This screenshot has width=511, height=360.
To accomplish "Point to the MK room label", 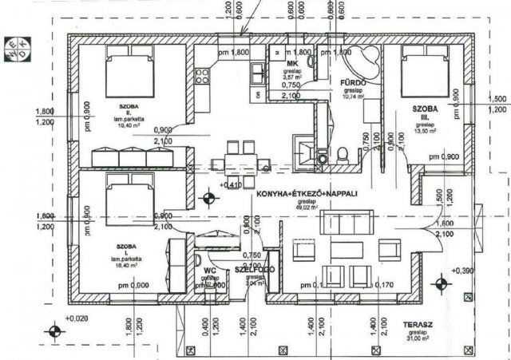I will click(292, 63).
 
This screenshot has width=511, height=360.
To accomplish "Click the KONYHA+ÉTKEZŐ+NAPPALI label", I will click(305, 195).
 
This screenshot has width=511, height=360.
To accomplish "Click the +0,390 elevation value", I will click(464, 271).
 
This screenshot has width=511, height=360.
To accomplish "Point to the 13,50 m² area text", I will click(425, 132).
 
